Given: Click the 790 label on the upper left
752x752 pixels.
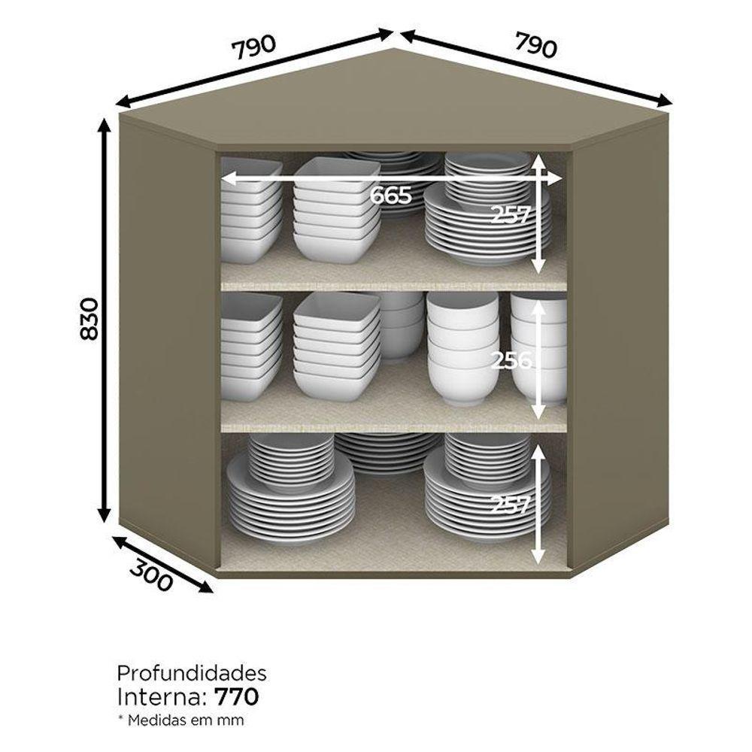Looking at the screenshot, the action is pos(254,47).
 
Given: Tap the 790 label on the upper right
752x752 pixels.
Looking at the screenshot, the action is pos(536,44).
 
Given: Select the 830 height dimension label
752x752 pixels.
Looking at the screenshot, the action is pos(89,319).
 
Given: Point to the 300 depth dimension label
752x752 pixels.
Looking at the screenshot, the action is pos(150,575).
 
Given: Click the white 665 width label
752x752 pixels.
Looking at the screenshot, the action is pos(391,196).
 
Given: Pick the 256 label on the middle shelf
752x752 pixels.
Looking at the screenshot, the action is pos(511,361).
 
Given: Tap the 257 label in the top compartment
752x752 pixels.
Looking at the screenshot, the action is pos(511,215).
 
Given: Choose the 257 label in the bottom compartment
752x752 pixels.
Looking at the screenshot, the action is pos(511,505).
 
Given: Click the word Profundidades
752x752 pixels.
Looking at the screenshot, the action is pos(192,673).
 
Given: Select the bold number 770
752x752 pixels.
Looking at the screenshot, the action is pos(237,697).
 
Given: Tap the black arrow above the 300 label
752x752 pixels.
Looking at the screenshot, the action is pos(162,564).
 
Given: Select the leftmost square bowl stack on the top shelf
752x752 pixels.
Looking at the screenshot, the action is pos(250,210).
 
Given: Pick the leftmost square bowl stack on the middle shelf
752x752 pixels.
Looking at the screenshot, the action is pos(251,346).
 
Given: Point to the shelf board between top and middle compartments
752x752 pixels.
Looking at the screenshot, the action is pos(393,287).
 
